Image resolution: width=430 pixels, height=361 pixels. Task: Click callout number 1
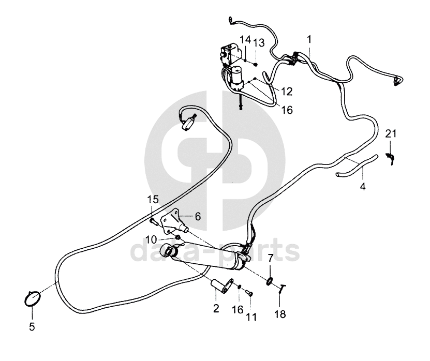(x=309, y=39)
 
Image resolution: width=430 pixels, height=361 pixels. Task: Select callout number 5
(x=32, y=327)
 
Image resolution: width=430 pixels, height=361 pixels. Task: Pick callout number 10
(x=151, y=239)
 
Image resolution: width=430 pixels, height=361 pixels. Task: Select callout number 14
(x=245, y=39)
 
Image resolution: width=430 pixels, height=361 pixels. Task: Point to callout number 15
(x=152, y=199)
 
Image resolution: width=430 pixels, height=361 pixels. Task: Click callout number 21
(x=391, y=134)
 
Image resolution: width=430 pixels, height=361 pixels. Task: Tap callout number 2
(x=216, y=309)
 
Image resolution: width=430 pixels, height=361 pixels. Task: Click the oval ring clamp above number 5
(x=33, y=299)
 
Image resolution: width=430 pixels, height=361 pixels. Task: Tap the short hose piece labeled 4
(x=357, y=167)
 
